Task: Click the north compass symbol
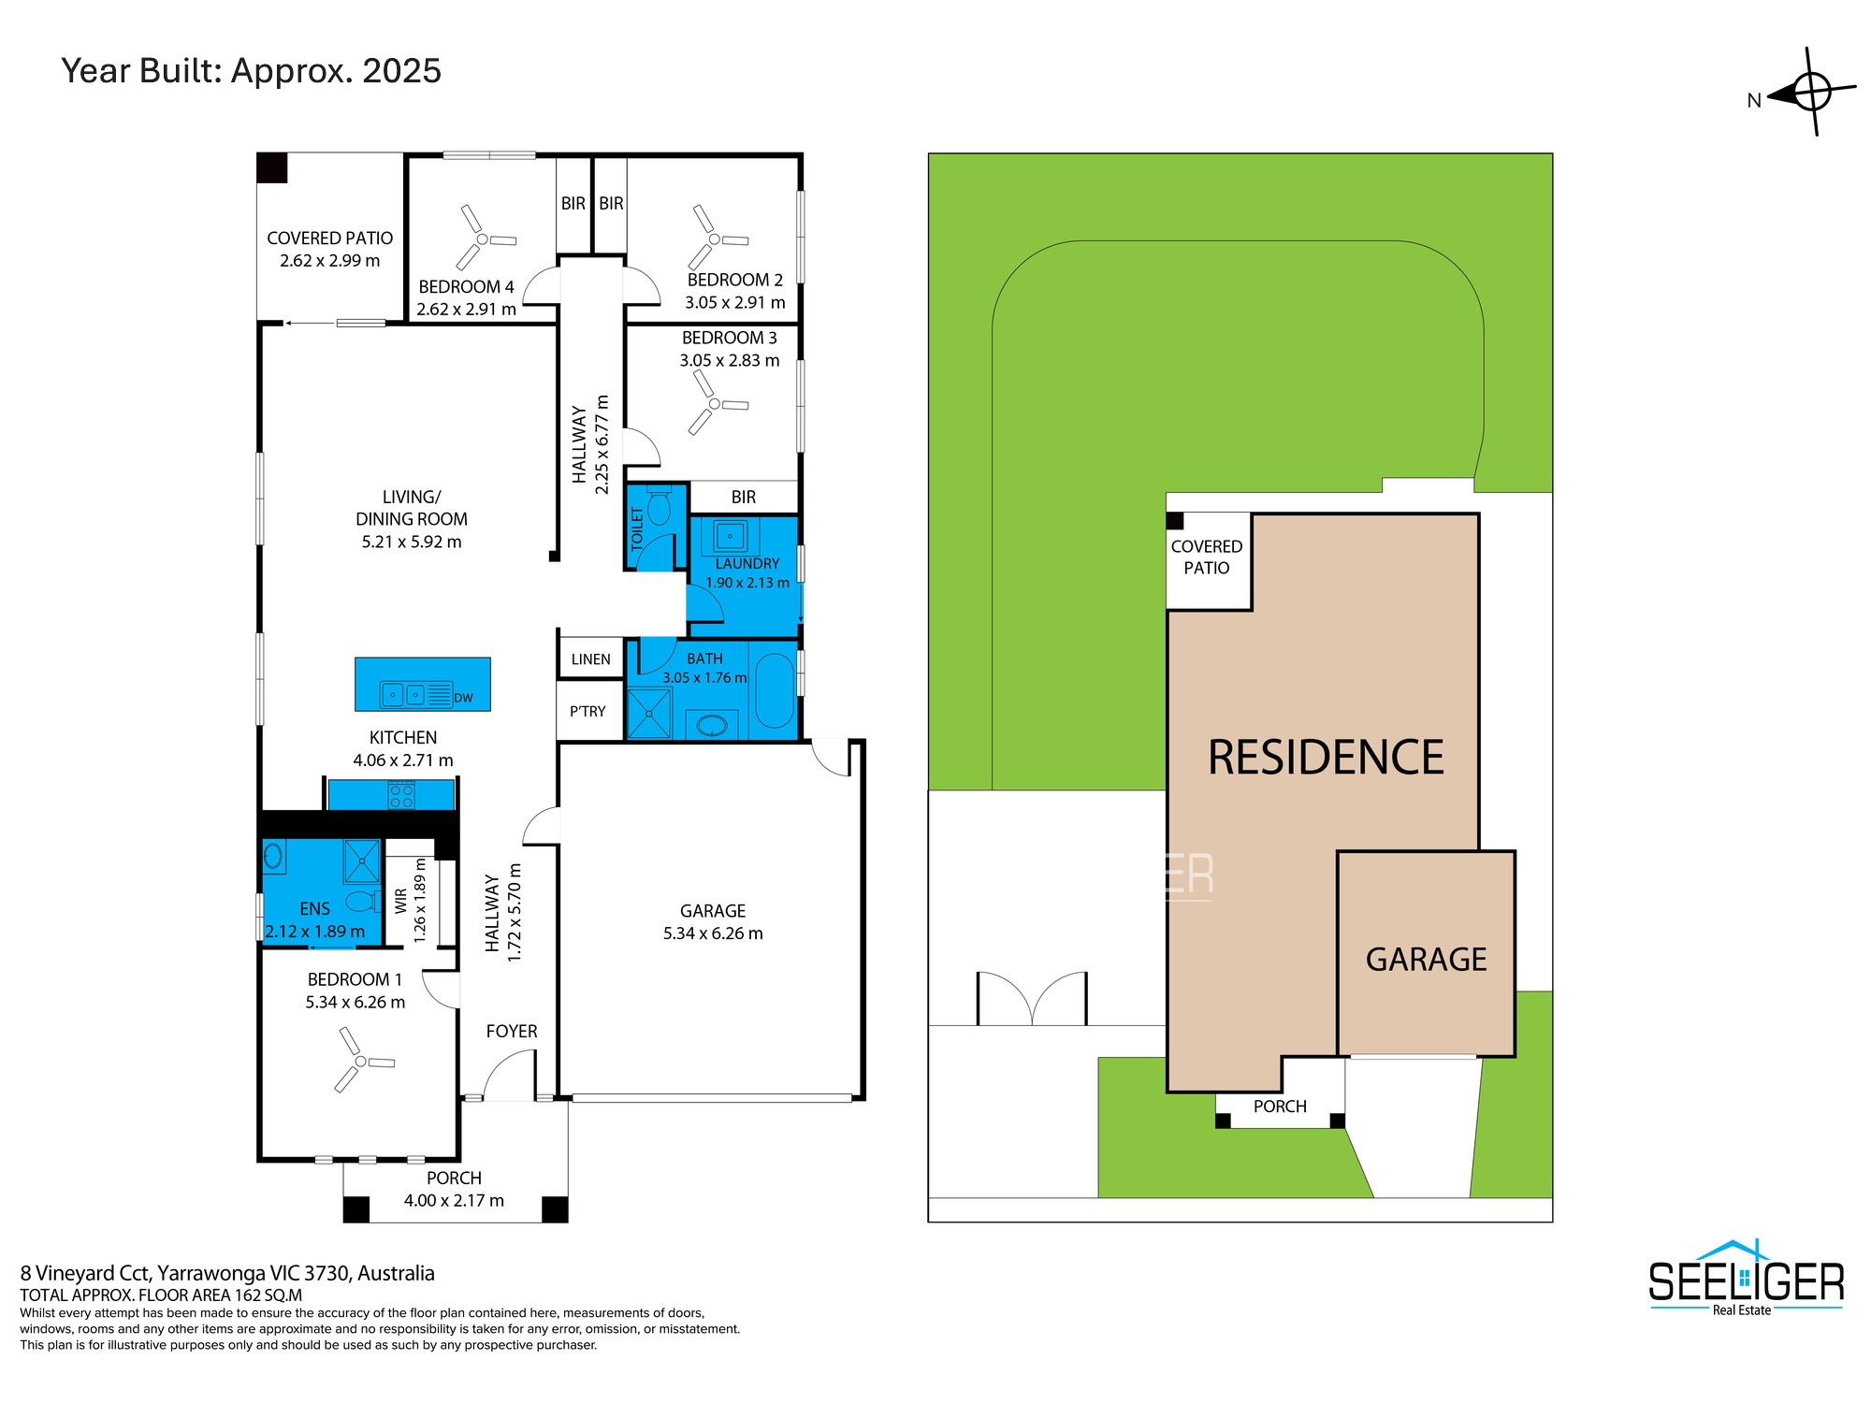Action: pyautogui.click(x=1811, y=92)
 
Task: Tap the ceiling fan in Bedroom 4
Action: pyautogui.click(x=483, y=239)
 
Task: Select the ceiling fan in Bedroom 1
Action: pyautogui.click(x=361, y=1061)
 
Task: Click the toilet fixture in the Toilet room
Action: pyautogui.click(x=659, y=505)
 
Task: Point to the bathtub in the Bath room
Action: pyautogui.click(x=774, y=690)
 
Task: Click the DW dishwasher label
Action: pyautogui.click(x=463, y=698)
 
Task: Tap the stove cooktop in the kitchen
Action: pyautogui.click(x=401, y=796)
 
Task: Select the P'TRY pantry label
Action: pyautogui.click(x=587, y=711)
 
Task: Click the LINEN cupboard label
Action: pyautogui.click(x=590, y=659)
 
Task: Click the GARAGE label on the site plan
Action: pyautogui.click(x=1426, y=960)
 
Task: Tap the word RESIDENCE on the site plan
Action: pyautogui.click(x=1326, y=758)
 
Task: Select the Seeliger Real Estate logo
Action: pyautogui.click(x=1746, y=1278)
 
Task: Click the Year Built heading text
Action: pyautogui.click(x=251, y=71)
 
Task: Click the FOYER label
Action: pyautogui.click(x=512, y=1031)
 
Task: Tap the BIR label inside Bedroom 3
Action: pyautogui.click(x=744, y=498)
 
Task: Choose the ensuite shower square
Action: pyautogui.click(x=361, y=861)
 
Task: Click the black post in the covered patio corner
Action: pyautogui.click(x=272, y=168)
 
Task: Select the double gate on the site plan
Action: pyautogui.click(x=1032, y=999)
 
